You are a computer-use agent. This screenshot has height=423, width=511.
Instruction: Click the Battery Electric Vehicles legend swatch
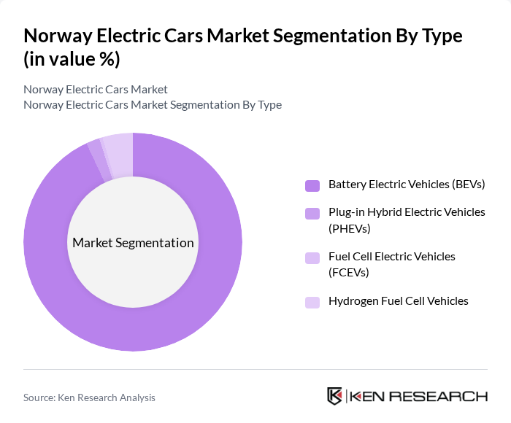click(x=312, y=185)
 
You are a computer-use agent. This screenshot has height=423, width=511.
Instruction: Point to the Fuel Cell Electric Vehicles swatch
click(x=312, y=257)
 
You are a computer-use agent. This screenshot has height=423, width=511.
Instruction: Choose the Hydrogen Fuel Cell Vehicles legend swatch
click(x=312, y=301)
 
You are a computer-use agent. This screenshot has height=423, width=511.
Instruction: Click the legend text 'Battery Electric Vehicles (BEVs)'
click(x=407, y=185)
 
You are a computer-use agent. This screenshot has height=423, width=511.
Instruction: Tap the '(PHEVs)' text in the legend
click(x=350, y=229)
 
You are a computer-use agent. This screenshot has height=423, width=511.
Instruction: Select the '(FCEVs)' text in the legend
click(x=349, y=273)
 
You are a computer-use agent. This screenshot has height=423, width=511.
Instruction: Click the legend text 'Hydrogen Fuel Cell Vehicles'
click(x=398, y=300)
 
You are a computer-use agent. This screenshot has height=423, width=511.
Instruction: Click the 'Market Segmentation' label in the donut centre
click(x=133, y=243)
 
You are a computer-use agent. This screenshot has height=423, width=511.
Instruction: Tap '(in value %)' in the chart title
click(x=72, y=60)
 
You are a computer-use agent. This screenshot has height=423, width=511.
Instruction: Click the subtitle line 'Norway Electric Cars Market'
click(x=96, y=89)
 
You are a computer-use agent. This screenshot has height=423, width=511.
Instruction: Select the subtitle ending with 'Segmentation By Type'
click(x=153, y=104)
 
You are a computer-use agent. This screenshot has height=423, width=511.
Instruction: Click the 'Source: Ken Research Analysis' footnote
click(x=89, y=397)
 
